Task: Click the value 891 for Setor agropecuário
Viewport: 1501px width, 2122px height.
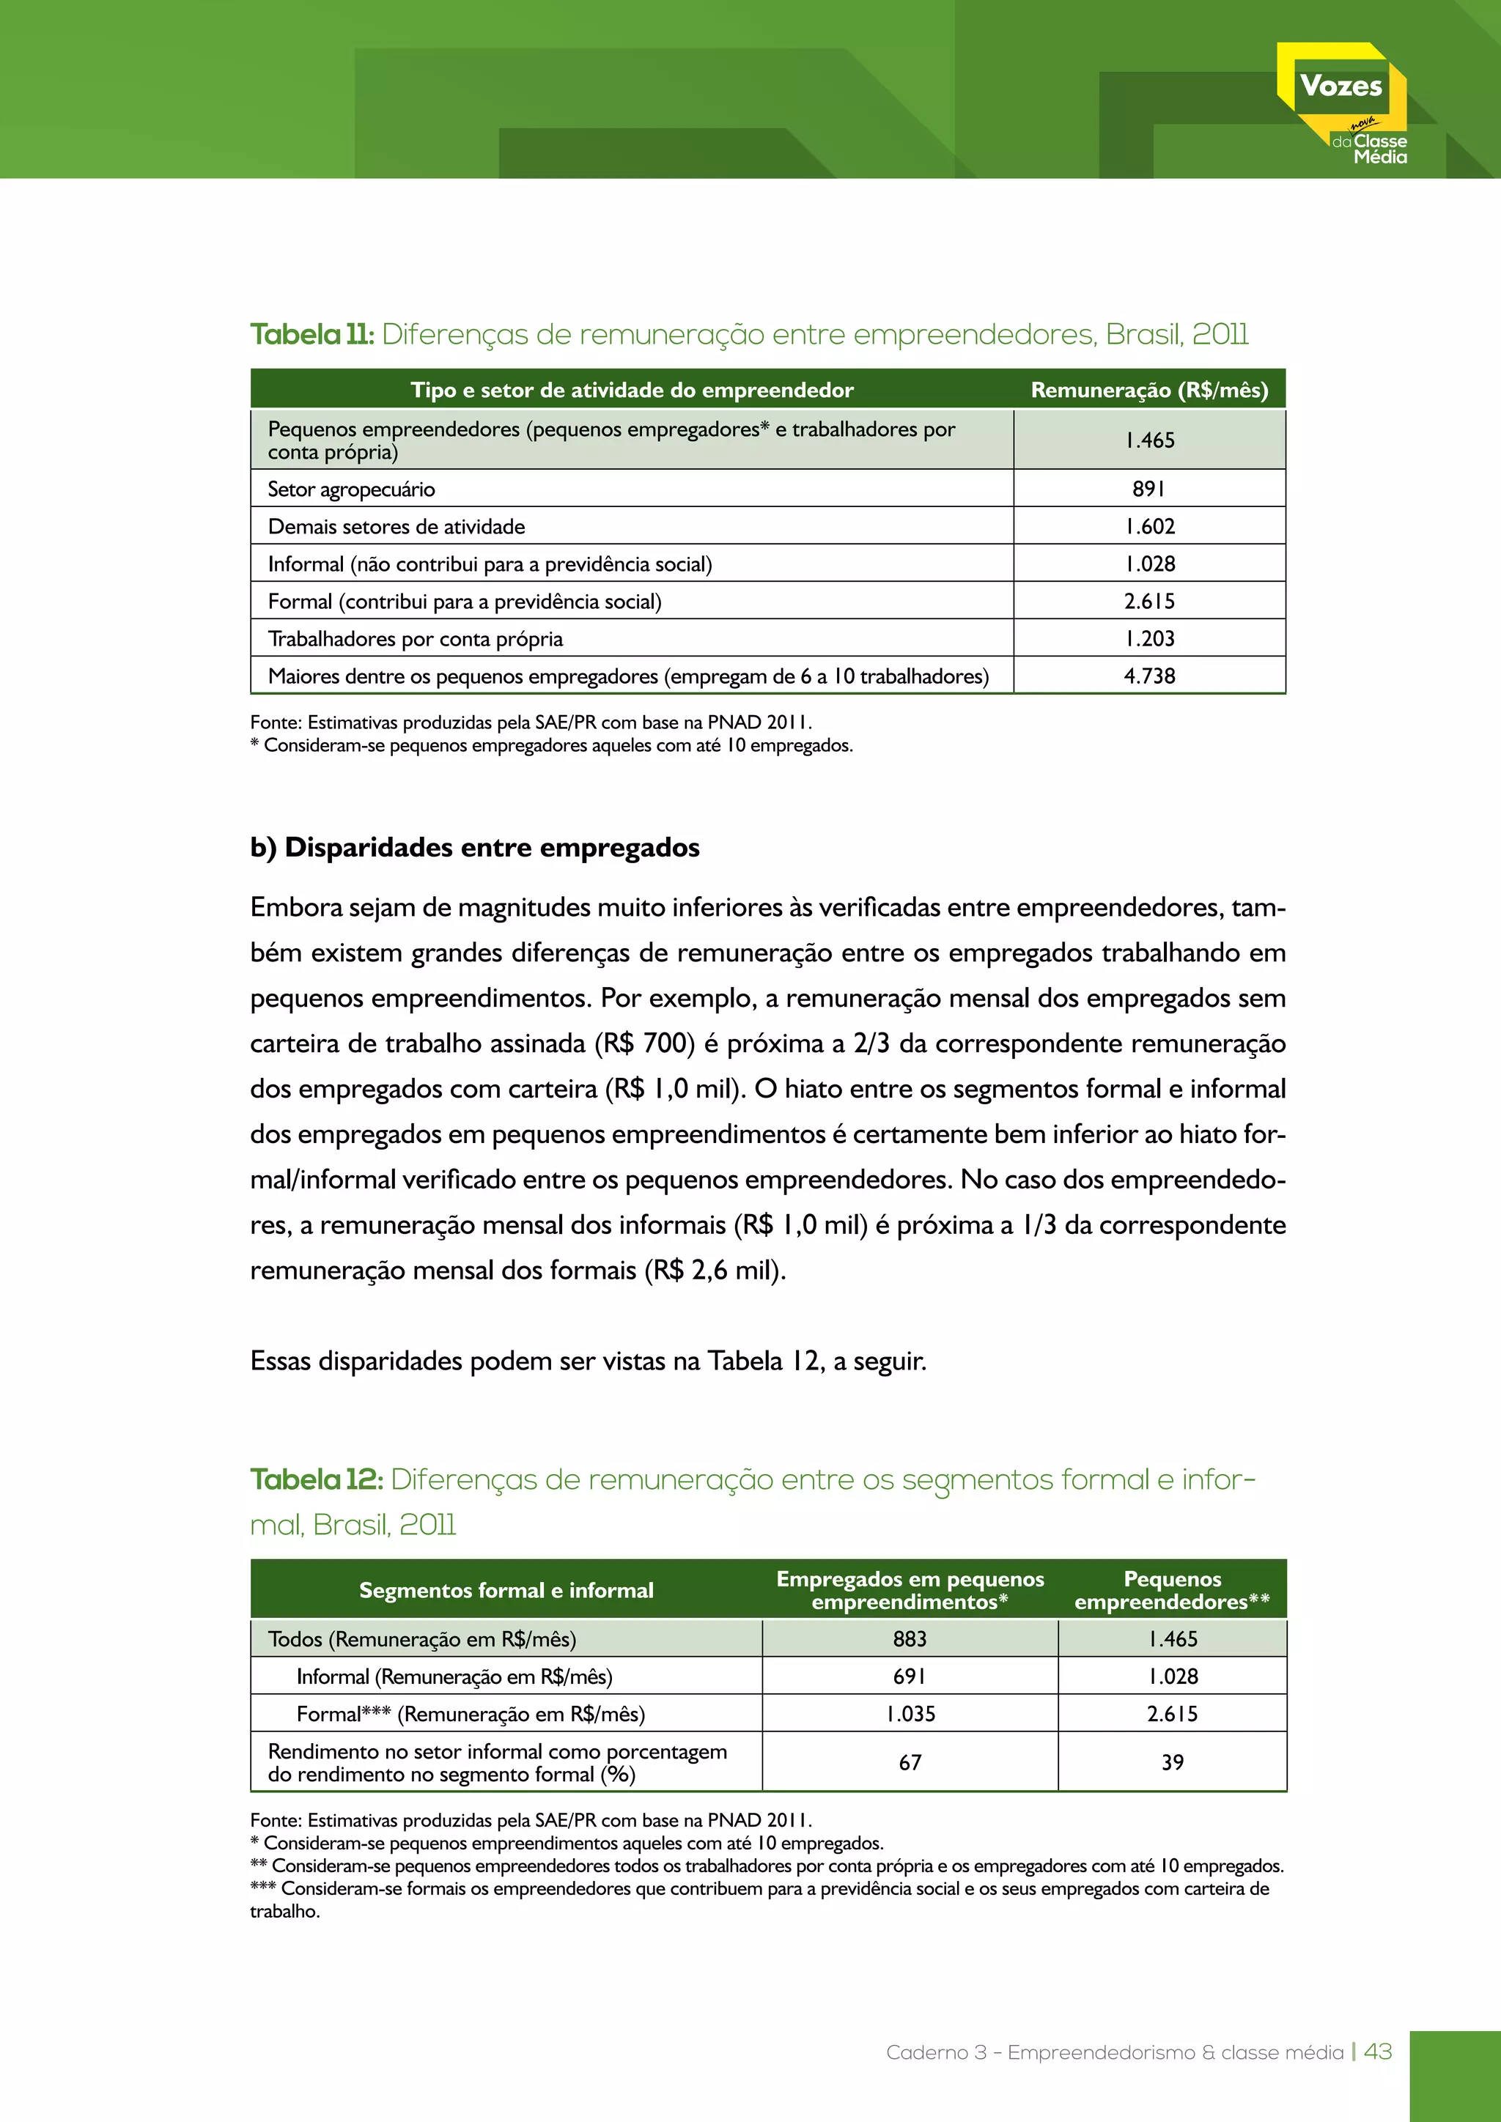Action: [x=1149, y=489]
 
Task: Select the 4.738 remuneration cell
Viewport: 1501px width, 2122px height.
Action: [x=1149, y=676]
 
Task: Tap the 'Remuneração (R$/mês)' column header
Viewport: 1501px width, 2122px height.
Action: [x=1149, y=390]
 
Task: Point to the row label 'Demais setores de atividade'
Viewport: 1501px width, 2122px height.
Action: [x=397, y=527]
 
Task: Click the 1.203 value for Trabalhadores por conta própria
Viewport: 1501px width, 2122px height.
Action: [x=1149, y=639]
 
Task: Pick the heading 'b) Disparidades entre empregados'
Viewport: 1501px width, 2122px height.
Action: [x=474, y=848]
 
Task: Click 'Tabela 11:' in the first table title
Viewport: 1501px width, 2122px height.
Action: [x=311, y=335]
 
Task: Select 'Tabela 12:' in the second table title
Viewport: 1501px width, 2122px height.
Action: [x=316, y=1479]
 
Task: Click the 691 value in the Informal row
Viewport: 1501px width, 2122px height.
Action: [x=910, y=1676]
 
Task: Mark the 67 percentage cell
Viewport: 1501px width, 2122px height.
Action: [x=910, y=1762]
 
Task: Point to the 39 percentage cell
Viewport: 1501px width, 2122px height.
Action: [x=1172, y=1762]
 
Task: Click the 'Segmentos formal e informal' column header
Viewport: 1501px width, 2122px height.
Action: [x=506, y=1591]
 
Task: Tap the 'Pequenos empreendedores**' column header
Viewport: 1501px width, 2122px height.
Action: [x=1172, y=1591]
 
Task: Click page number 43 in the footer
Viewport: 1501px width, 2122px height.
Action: [x=1378, y=2052]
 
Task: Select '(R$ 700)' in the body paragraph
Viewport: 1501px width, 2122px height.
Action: [x=644, y=1043]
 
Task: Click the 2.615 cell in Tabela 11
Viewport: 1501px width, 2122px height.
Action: [x=1149, y=602]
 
